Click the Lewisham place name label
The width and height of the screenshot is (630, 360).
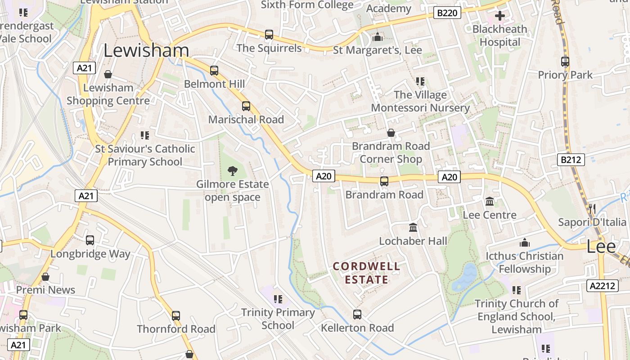pyautogui.click(x=146, y=50)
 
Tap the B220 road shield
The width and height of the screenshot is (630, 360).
pyautogui.click(x=447, y=13)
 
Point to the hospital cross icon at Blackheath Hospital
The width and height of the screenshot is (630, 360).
pyautogui.click(x=499, y=16)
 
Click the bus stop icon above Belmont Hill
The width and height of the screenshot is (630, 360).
pyautogui.click(x=214, y=71)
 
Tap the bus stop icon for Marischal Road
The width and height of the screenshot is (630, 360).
pyautogui.click(x=246, y=106)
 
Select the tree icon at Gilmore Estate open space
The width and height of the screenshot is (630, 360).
pyautogui.click(x=232, y=171)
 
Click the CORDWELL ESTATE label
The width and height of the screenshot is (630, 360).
pyautogui.click(x=366, y=273)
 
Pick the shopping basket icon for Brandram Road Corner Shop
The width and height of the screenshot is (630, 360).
pyautogui.click(x=391, y=133)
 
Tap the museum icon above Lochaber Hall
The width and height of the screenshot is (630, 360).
pyautogui.click(x=413, y=228)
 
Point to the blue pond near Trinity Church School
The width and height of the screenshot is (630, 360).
pyautogui.click(x=465, y=277)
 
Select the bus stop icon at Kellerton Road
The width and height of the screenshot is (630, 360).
pyautogui.click(x=357, y=314)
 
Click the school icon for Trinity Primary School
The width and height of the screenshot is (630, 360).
pyautogui.click(x=278, y=299)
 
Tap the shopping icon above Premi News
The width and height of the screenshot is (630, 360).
pyautogui.click(x=45, y=277)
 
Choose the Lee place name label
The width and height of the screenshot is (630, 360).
pyautogui.click(x=601, y=246)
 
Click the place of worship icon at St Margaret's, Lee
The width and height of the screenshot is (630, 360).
pyautogui.click(x=377, y=37)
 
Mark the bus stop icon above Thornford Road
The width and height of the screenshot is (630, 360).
pyautogui.click(x=176, y=315)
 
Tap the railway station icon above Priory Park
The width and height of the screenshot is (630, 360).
pyautogui.click(x=565, y=62)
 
